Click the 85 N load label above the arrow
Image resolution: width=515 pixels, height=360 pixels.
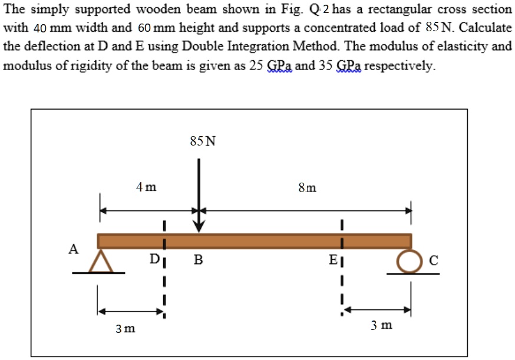click(203, 141)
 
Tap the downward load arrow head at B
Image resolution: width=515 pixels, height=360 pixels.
click(200, 227)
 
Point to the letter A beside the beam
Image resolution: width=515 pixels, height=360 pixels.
click(74, 249)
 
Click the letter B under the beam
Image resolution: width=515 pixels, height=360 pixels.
click(199, 259)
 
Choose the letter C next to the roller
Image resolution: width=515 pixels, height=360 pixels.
click(433, 261)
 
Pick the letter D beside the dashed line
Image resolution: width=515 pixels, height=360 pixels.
click(154, 259)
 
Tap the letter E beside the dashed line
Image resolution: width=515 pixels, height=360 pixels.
click(333, 259)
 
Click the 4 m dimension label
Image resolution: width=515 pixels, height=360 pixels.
click(146, 187)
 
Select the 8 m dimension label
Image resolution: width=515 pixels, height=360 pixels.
click(307, 188)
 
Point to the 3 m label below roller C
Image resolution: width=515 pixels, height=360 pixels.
click(382, 325)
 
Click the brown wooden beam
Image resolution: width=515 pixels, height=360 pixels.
click(254, 240)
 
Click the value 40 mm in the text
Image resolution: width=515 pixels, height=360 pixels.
click(47, 28)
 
